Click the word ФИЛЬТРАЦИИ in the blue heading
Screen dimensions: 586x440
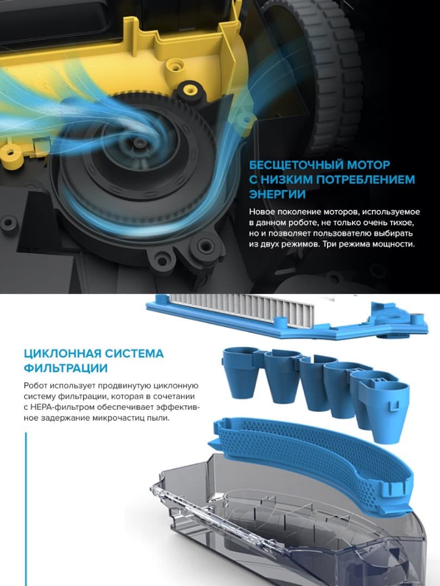tap(66, 368)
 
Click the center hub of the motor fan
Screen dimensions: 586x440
tap(141, 143)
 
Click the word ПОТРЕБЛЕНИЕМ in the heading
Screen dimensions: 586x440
tap(362, 180)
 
